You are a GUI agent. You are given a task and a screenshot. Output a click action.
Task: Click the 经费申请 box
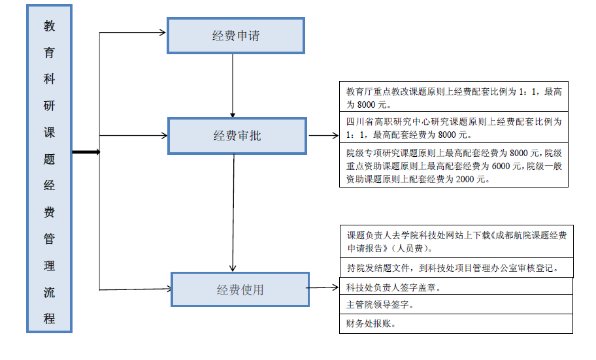pos(236,35)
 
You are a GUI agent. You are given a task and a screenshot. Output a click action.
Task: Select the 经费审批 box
pos(237,136)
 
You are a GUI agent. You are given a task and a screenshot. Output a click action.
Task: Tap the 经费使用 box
pos(240,289)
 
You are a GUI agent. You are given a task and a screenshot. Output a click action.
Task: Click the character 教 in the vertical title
pos(49,26)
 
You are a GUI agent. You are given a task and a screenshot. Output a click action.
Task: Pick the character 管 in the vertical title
pos(49,238)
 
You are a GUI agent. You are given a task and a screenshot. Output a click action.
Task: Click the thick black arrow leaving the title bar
pos(86,152)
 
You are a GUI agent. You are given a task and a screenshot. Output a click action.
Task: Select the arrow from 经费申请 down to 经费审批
pos(233,86)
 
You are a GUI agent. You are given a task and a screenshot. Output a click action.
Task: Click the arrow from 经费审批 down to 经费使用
pos(233,213)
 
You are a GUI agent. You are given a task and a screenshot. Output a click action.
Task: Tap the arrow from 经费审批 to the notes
pos(323,135)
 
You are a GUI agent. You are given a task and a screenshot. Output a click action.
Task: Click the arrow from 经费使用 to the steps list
pos(322,287)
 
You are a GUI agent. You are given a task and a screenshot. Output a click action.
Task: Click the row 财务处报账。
pos(456,324)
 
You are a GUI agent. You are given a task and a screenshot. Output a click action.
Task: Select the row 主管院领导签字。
pos(456,304)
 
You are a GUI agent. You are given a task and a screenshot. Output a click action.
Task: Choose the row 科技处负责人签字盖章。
pos(456,286)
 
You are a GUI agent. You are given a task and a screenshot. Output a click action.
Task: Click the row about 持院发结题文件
pos(457,268)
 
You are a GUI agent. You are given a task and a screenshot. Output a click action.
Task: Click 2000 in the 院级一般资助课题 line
pos(465,179)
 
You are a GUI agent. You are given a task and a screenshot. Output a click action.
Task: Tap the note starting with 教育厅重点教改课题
pos(454,97)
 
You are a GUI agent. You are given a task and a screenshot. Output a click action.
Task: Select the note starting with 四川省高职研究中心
pos(454,127)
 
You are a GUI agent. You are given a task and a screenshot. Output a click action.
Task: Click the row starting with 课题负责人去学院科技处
pos(457,242)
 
